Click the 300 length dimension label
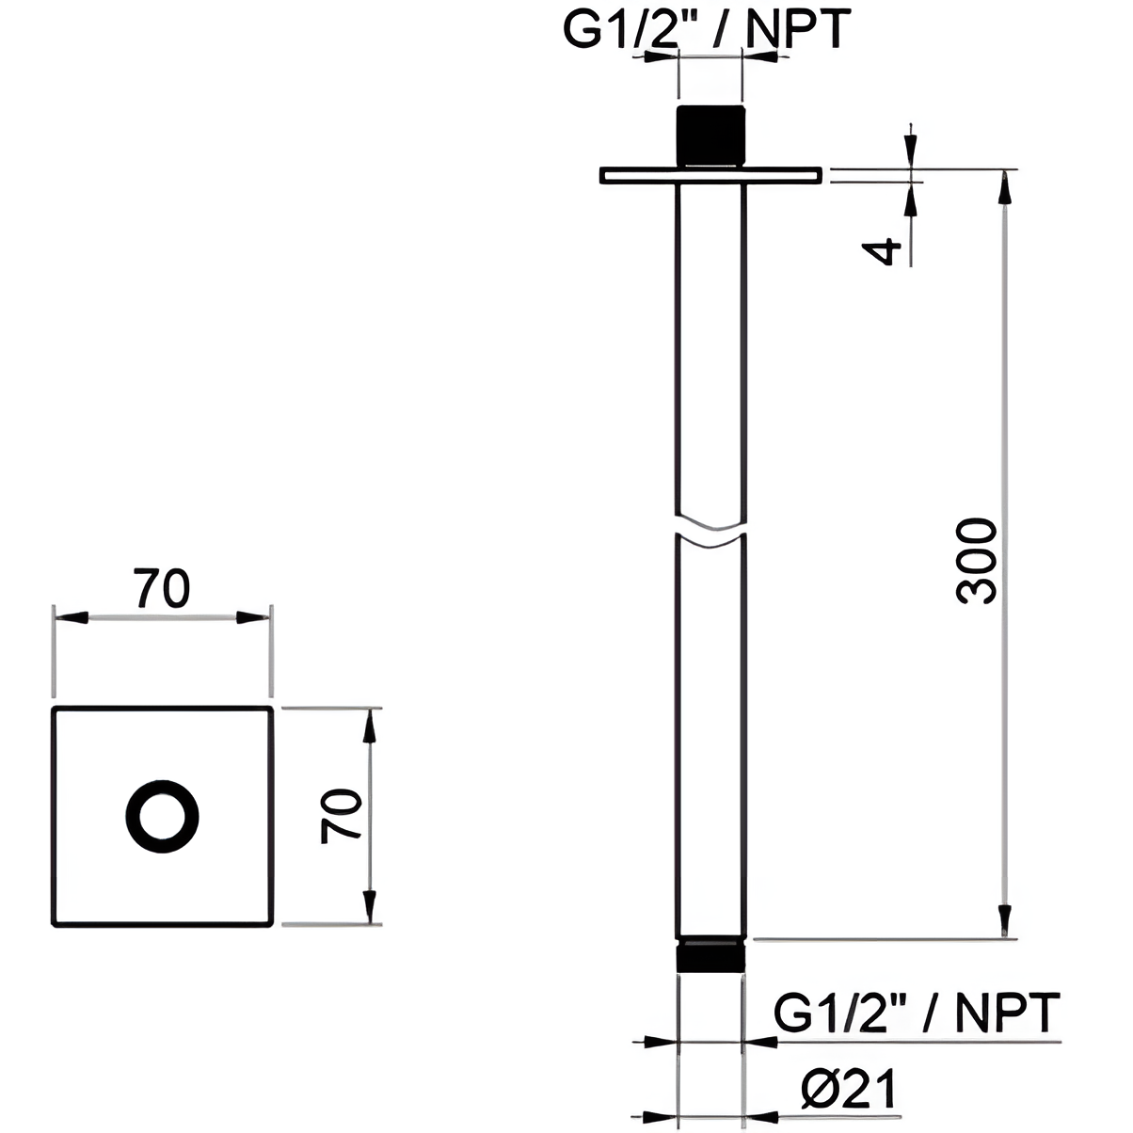click(x=977, y=561)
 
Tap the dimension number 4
click(x=882, y=251)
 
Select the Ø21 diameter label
click(x=849, y=1088)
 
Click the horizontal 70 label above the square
click(x=162, y=587)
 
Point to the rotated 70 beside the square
click(x=342, y=817)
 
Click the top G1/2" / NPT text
click(x=707, y=28)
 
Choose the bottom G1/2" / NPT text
click(x=917, y=1013)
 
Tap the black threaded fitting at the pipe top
click(x=710, y=136)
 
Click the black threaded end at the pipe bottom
click(x=710, y=957)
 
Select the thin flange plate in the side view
click(x=710, y=176)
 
